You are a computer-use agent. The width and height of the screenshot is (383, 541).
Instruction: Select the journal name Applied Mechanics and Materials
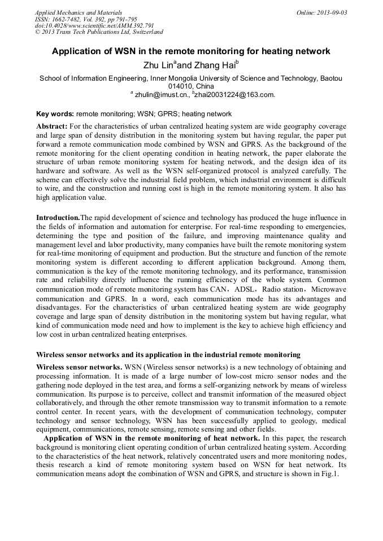(79, 12)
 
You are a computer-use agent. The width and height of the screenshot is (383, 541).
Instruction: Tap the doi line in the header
(94, 25)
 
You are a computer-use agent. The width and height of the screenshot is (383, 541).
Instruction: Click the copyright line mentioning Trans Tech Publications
(99, 32)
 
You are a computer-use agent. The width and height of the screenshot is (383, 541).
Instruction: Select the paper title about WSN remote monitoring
(191, 51)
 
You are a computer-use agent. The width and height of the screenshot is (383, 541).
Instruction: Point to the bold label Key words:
(55, 114)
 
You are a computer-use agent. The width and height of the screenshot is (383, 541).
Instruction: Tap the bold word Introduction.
(58, 218)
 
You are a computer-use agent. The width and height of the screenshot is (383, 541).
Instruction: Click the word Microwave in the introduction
(326, 289)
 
